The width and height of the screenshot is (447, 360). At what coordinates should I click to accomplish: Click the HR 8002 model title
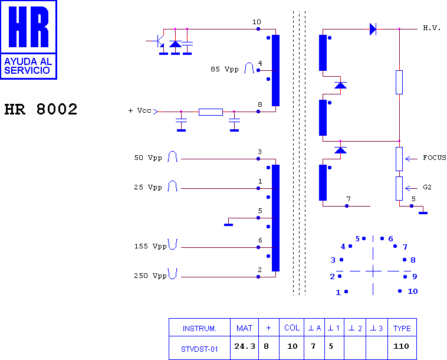tap(41, 109)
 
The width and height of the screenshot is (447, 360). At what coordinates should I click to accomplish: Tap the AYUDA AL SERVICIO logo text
tap(28, 66)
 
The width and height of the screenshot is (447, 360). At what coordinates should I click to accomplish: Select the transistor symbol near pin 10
tap(157, 41)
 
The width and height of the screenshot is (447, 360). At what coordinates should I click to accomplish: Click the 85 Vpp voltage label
tap(225, 69)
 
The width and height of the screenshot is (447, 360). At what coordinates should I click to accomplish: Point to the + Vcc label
tap(140, 110)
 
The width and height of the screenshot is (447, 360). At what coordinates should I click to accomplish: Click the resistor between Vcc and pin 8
tap(211, 112)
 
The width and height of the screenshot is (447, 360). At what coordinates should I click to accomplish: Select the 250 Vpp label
tap(150, 276)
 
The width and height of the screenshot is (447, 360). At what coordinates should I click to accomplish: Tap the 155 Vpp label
tap(150, 246)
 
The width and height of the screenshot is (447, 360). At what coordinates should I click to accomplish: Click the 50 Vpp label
tap(148, 158)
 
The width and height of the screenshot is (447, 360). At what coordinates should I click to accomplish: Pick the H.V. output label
tap(432, 28)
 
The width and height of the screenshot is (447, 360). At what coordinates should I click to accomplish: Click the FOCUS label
tap(435, 158)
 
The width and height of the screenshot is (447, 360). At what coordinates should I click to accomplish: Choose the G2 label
tap(428, 187)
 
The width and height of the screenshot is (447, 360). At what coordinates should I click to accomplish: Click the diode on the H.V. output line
tap(373, 29)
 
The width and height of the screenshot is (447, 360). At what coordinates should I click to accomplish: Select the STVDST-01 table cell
tap(199, 349)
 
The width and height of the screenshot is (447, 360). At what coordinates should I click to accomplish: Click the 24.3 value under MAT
tap(245, 346)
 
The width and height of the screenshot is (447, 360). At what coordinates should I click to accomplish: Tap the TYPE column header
tap(402, 328)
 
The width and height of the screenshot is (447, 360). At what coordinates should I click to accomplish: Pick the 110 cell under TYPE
tap(401, 346)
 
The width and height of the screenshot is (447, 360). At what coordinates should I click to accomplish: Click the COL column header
tap(292, 328)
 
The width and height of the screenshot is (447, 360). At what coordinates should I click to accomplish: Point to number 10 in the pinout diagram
tap(413, 292)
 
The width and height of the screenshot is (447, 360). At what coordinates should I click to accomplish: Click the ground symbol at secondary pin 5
tap(423, 212)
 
